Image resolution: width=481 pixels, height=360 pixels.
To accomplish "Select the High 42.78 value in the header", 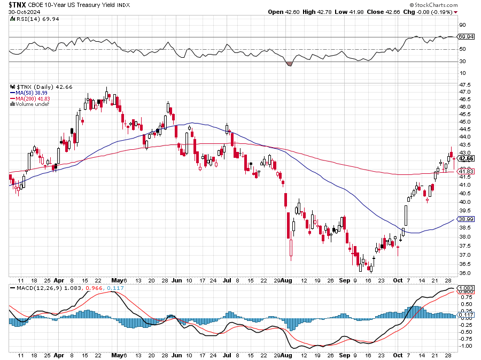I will pos(317,11).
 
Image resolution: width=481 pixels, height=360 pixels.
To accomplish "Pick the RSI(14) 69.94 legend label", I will pos(30,19).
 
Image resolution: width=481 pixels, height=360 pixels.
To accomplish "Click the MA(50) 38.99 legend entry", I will pos(33,93).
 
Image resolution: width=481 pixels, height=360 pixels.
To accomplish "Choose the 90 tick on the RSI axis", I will pos(463,25).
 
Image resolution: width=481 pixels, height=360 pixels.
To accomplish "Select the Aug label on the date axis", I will pos(288,280).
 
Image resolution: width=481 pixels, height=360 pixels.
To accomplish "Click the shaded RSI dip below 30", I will pos(290,64).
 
